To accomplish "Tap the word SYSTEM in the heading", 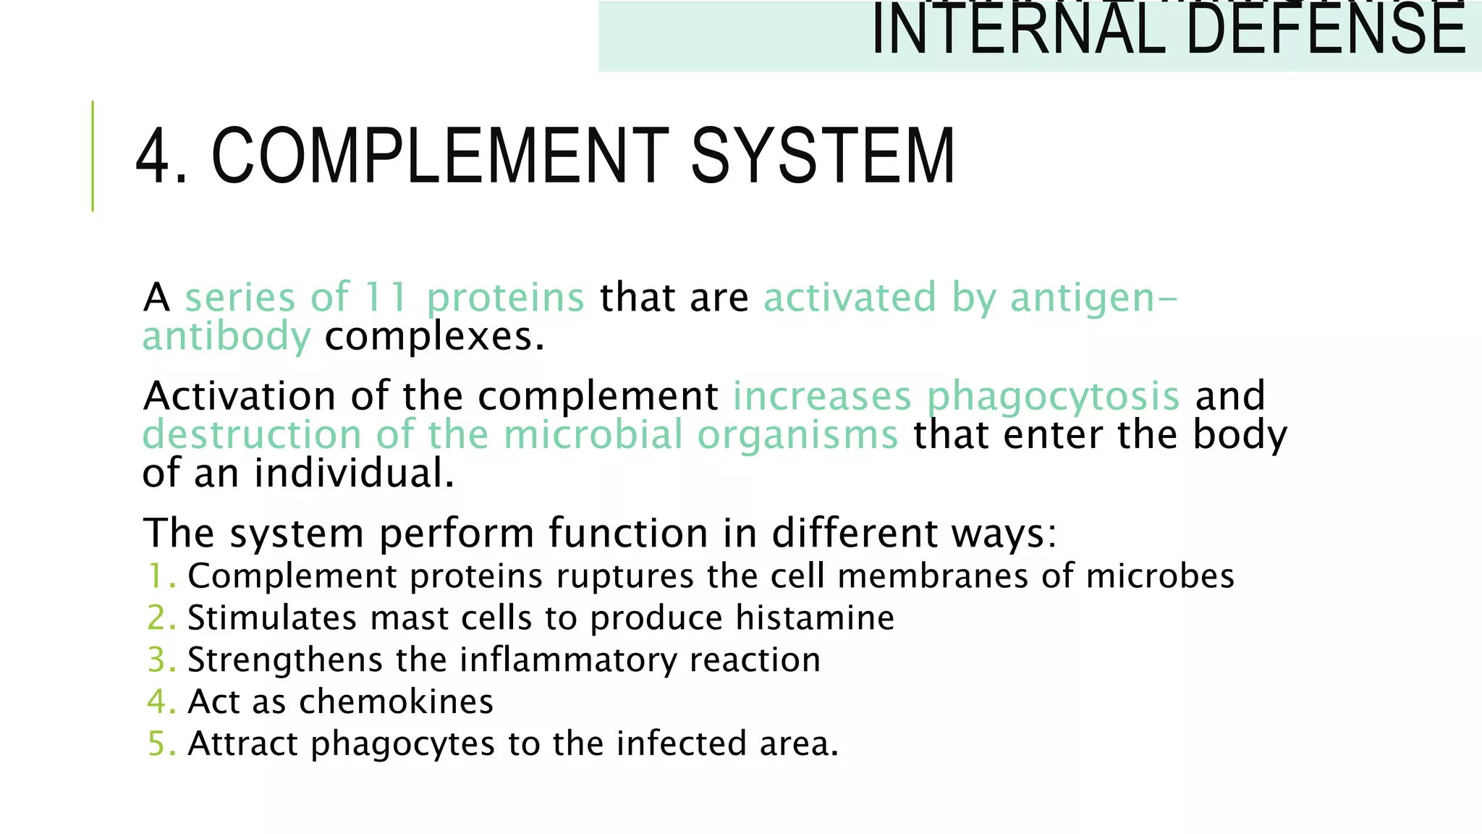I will click(823, 156).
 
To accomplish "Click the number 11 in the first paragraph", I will click(385, 297).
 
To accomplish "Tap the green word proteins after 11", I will click(505, 298).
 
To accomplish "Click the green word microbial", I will click(593, 435).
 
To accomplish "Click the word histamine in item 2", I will click(815, 618).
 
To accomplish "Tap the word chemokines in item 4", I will click(396, 702).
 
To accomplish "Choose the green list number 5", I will click(158, 744).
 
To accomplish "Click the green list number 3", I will click(158, 660).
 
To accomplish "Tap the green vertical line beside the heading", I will click(93, 156).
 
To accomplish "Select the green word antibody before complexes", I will click(226, 337).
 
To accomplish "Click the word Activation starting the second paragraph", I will click(240, 396).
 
